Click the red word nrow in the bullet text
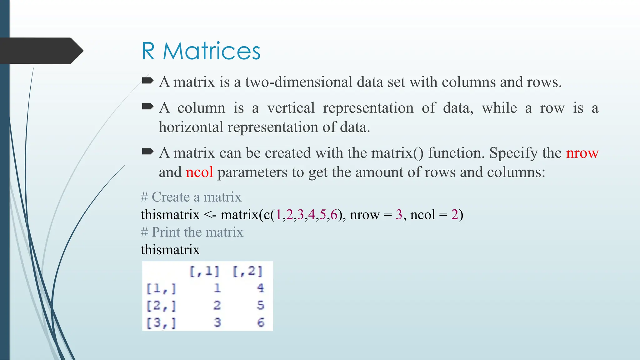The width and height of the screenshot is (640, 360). [x=582, y=153]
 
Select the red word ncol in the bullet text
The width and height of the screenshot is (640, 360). [x=199, y=172]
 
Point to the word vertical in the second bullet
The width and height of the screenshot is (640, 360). [x=291, y=108]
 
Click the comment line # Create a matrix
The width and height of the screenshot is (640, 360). [x=191, y=197]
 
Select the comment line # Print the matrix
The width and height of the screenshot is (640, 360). [x=192, y=232]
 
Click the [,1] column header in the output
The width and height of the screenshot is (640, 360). [x=205, y=271]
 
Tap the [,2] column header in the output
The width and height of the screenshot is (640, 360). [x=248, y=271]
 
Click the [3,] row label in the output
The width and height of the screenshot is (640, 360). [x=161, y=322]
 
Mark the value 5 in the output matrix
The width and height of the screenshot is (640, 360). [x=261, y=305]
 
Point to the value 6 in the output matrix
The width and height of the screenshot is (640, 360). [x=261, y=322]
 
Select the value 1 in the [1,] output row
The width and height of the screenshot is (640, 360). [x=217, y=288]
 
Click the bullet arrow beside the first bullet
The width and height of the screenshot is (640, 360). [x=147, y=81]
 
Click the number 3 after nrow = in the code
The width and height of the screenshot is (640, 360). [x=399, y=215]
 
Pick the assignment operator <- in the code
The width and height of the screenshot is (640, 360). [x=210, y=215]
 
